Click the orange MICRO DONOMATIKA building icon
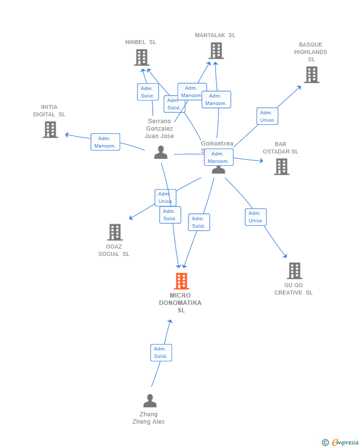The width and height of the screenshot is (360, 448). [181, 281]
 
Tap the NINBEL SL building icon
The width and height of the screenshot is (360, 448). [141, 57]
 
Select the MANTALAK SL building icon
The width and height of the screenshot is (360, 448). [216, 50]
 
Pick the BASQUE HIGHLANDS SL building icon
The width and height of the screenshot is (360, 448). [311, 75]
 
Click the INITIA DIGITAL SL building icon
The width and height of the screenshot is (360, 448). [50, 130]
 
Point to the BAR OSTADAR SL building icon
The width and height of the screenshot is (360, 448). [281, 167]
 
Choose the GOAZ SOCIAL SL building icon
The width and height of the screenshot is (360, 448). [115, 232]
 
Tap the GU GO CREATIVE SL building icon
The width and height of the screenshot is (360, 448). [294, 271]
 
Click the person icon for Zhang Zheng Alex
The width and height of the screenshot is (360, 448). [149, 400]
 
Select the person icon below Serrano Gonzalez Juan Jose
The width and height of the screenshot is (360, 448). [161, 152]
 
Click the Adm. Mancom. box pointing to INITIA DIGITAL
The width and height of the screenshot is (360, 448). [105, 142]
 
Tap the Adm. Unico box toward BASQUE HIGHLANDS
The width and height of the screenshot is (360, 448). [267, 116]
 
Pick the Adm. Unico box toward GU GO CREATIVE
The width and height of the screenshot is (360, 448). [255, 217]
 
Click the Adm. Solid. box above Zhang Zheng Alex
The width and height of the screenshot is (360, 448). [161, 352]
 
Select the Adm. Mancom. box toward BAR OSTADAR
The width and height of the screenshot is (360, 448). [219, 157]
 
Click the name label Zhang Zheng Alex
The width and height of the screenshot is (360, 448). [148, 418]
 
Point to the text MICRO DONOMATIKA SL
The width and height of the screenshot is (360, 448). [180, 303]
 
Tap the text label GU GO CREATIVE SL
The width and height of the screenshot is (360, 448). [294, 289]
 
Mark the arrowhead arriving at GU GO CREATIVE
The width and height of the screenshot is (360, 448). [285, 256]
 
